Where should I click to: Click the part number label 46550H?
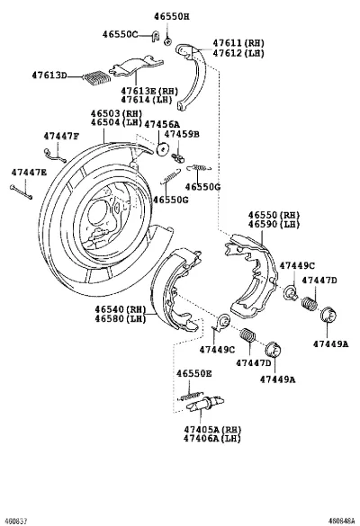(172, 16)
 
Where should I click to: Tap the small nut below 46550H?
(167, 41)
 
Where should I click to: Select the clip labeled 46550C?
(155, 36)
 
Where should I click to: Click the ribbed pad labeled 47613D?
(97, 77)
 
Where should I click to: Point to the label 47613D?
(49, 75)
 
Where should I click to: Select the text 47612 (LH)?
(238, 53)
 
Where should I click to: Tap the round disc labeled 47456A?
(163, 149)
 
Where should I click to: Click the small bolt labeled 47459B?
(177, 157)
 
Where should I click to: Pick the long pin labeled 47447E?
(22, 192)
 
